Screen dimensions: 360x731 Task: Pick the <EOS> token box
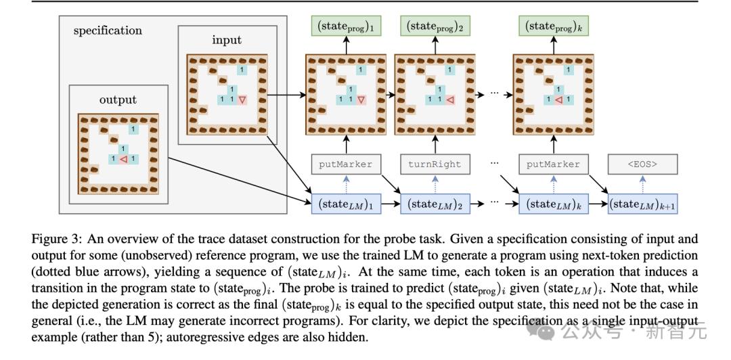tap(642, 164)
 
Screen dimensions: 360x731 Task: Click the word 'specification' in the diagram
tap(108, 30)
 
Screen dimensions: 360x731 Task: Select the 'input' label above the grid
tap(226, 40)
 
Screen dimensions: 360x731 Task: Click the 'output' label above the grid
tap(118, 99)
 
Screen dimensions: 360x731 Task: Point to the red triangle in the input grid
tap(242, 100)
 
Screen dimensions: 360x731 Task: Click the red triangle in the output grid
tap(123, 160)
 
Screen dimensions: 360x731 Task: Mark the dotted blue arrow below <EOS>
tap(642, 183)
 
